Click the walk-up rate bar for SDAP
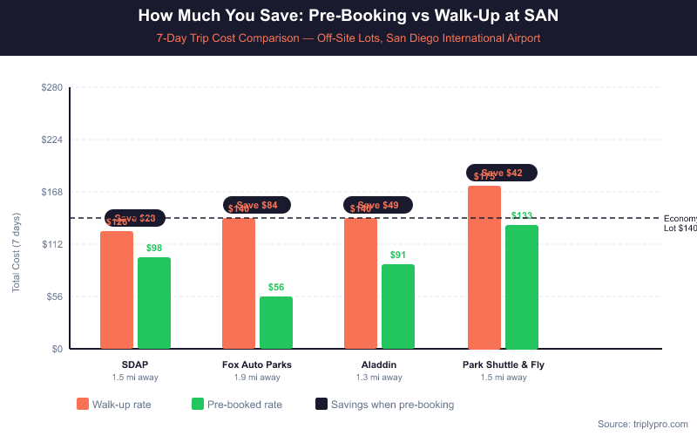tap(117, 290)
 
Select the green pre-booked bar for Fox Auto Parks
tap(276, 323)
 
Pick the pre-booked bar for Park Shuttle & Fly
tap(522, 287)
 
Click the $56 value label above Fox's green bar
tap(276, 287)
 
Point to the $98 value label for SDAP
tap(154, 248)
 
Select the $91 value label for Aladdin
tap(398, 255)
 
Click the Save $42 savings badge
tap(502, 173)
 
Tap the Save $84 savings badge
tap(257, 205)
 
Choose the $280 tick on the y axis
tap(51, 87)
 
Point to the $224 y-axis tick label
tap(51, 140)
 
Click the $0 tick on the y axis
tap(57, 349)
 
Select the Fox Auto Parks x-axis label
tap(257, 364)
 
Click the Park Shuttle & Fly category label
tap(504, 364)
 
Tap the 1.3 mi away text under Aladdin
tap(379, 378)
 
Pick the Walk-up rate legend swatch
tap(83, 404)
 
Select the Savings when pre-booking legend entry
tap(384, 404)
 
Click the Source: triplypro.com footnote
tap(643, 424)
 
